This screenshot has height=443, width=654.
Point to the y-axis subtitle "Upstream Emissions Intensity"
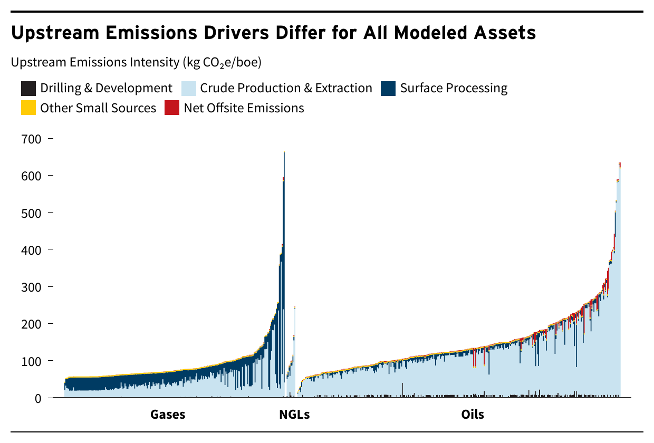[x=95, y=62]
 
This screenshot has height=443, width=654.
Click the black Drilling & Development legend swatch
[x=28, y=88]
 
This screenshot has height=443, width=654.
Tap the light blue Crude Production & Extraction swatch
[x=188, y=88]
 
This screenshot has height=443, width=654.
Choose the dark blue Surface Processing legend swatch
[x=388, y=88]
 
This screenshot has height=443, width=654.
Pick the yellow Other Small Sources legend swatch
[x=28, y=108]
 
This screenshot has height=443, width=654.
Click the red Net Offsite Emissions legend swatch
[x=172, y=108]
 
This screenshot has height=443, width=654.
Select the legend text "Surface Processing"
[x=454, y=88]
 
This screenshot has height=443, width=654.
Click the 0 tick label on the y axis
[x=37, y=398]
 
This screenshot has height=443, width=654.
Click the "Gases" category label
[x=168, y=415]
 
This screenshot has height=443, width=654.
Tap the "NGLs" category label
[x=294, y=415]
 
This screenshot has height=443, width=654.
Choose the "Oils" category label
[x=473, y=415]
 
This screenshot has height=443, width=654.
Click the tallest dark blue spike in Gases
[x=284, y=237]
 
